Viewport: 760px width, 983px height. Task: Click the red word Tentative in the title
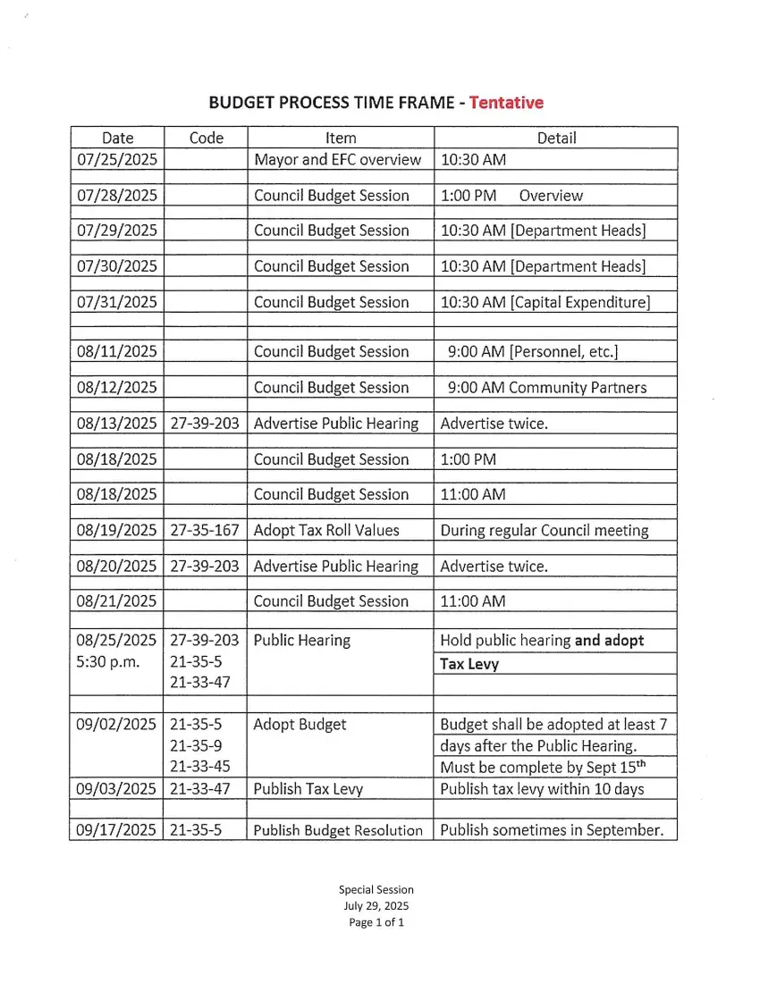[x=506, y=103]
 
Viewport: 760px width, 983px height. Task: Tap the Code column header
[x=207, y=138]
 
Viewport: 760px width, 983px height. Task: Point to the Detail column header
[x=556, y=138]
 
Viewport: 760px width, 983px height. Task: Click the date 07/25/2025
[x=117, y=160]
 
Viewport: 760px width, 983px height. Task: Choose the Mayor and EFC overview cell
[x=337, y=160]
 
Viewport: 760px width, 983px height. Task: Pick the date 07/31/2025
[x=117, y=302]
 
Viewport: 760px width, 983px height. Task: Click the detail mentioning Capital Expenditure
[x=545, y=302]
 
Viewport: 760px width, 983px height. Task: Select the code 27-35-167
[x=205, y=530]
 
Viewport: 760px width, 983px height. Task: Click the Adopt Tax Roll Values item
[x=326, y=530]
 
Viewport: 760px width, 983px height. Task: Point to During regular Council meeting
[x=545, y=530]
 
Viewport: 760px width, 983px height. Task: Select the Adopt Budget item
[x=300, y=724]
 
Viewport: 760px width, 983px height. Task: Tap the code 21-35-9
[x=196, y=745]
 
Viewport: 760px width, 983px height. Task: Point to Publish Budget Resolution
[x=338, y=830]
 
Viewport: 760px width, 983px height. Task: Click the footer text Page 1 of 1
[x=376, y=922]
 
